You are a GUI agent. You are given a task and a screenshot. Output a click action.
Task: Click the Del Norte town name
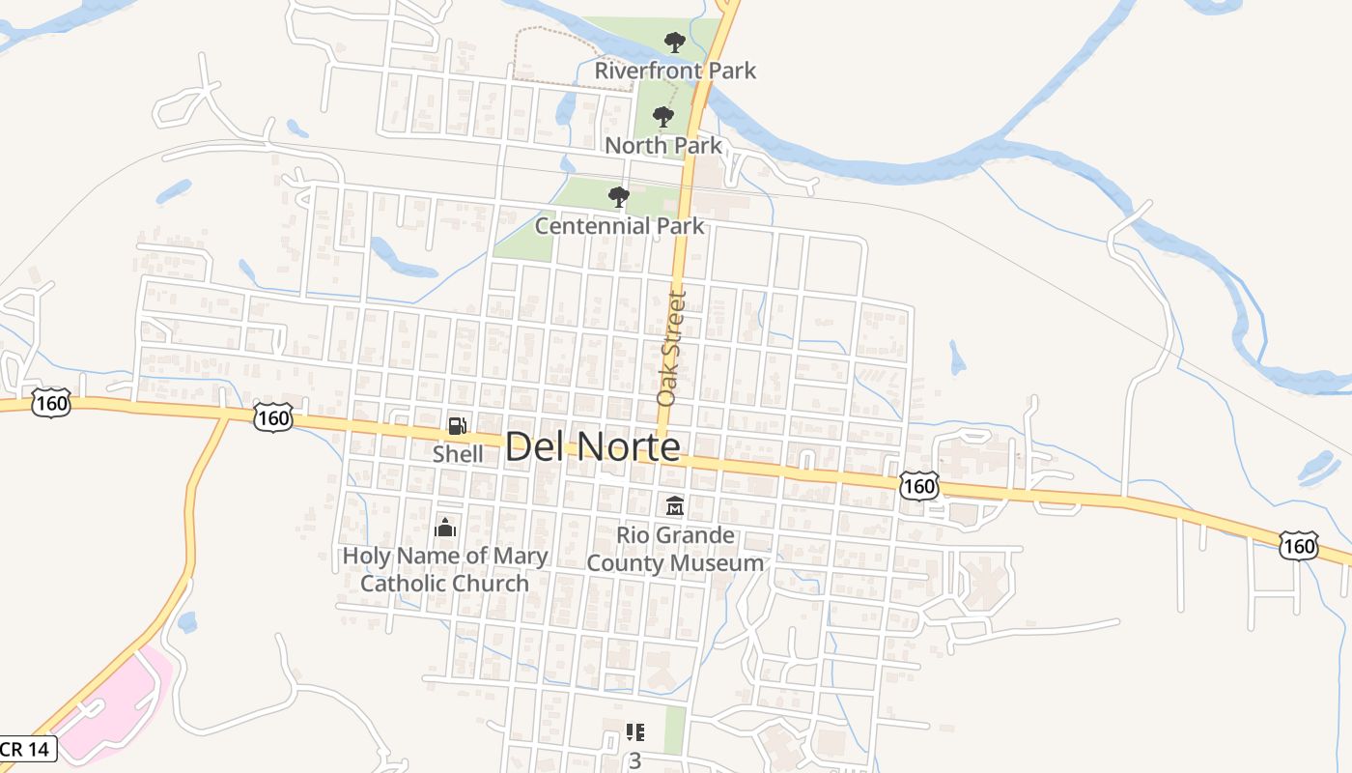coord(592,446)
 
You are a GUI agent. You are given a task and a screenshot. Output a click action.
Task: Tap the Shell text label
coord(458,453)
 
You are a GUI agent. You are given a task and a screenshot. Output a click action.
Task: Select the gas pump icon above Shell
coord(458,425)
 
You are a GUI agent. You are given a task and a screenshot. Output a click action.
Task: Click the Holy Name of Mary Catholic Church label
coord(444,569)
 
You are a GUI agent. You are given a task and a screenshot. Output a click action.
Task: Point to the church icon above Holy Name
coord(444,528)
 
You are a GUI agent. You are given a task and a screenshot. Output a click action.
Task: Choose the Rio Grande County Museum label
coord(675,549)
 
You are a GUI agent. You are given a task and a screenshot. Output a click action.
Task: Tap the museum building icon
coord(675,505)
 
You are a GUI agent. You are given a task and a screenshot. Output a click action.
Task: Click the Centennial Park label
coord(619,226)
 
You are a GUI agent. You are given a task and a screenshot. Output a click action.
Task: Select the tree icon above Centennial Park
coord(619,197)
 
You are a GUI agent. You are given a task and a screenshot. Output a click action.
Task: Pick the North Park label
coord(662,146)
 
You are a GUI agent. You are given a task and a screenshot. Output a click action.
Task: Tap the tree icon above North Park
coord(662,117)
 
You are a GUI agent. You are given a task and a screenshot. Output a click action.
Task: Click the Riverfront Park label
coord(675,71)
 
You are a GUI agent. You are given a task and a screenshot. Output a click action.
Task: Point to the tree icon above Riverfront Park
coord(675,42)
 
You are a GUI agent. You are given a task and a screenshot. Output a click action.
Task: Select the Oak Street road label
coord(670,348)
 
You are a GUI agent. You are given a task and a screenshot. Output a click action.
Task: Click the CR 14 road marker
coord(26,749)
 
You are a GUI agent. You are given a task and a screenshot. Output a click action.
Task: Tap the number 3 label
coord(634,761)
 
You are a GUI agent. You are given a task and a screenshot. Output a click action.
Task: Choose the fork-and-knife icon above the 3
coord(634,732)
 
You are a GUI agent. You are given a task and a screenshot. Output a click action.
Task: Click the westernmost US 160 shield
coord(50,403)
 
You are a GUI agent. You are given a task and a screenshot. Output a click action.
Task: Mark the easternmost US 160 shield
coord(1299,546)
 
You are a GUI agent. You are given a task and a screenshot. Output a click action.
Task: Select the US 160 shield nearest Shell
coord(273,417)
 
